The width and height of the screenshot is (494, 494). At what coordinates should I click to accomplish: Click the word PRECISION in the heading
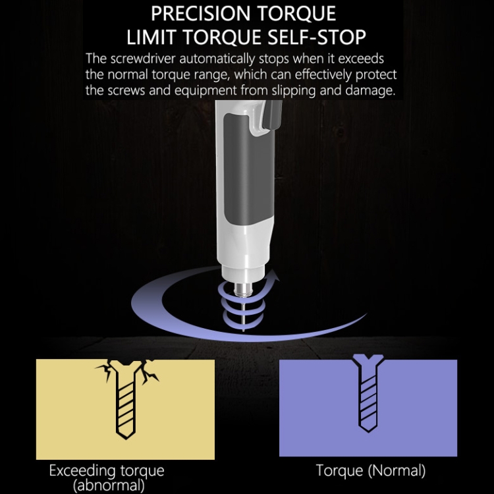pyautogui.click(x=201, y=13)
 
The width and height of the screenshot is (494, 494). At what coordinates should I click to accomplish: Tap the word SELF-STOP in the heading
pyautogui.click(x=316, y=37)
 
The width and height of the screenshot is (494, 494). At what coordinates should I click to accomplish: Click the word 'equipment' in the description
pyautogui.click(x=205, y=91)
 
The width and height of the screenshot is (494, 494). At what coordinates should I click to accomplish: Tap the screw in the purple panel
pyautogui.click(x=368, y=393)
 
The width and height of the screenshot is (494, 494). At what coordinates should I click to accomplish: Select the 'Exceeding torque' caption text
pyautogui.click(x=107, y=472)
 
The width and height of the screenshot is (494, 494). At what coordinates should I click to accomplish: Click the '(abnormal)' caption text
pyautogui.click(x=109, y=486)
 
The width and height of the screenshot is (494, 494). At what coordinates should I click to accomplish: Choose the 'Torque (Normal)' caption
pyautogui.click(x=371, y=471)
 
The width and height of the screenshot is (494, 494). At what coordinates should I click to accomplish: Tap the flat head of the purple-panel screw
pyautogui.click(x=368, y=358)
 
